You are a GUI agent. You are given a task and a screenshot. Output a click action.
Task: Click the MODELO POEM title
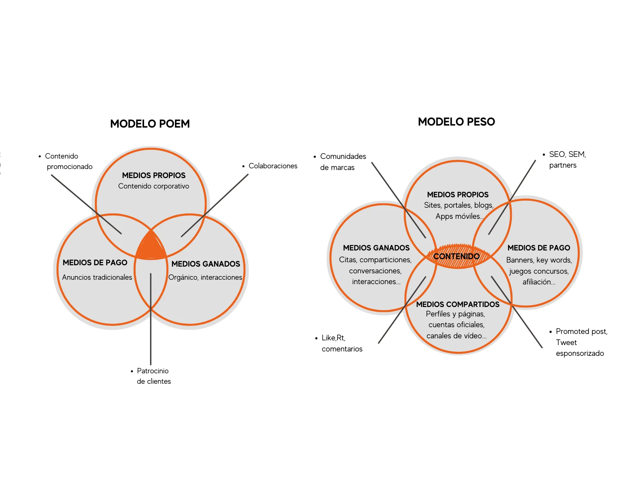(x=150, y=124)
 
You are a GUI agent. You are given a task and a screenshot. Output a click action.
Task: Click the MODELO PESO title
(x=456, y=122)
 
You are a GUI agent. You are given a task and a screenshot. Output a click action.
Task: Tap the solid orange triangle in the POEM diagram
(x=151, y=245)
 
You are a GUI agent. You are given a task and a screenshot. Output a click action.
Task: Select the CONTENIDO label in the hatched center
(x=456, y=257)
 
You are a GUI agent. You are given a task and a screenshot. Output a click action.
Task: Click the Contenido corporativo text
(x=153, y=186)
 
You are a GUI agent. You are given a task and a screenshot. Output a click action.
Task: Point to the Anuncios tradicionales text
(x=97, y=277)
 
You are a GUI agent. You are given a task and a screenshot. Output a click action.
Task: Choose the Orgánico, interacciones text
(x=205, y=277)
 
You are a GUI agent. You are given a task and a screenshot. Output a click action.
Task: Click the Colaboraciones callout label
(x=273, y=166)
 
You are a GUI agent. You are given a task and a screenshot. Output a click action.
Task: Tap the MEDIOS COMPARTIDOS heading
(x=458, y=304)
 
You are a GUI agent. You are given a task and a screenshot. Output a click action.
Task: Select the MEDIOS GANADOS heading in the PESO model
(x=376, y=248)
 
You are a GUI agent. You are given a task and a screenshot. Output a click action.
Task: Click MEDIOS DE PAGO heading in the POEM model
(x=95, y=263)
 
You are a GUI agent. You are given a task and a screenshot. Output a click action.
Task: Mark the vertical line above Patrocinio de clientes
(x=151, y=319)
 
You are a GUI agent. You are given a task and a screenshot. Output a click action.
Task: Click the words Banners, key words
(x=539, y=260)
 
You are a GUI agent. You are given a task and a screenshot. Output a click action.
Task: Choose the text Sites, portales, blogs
(x=459, y=205)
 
